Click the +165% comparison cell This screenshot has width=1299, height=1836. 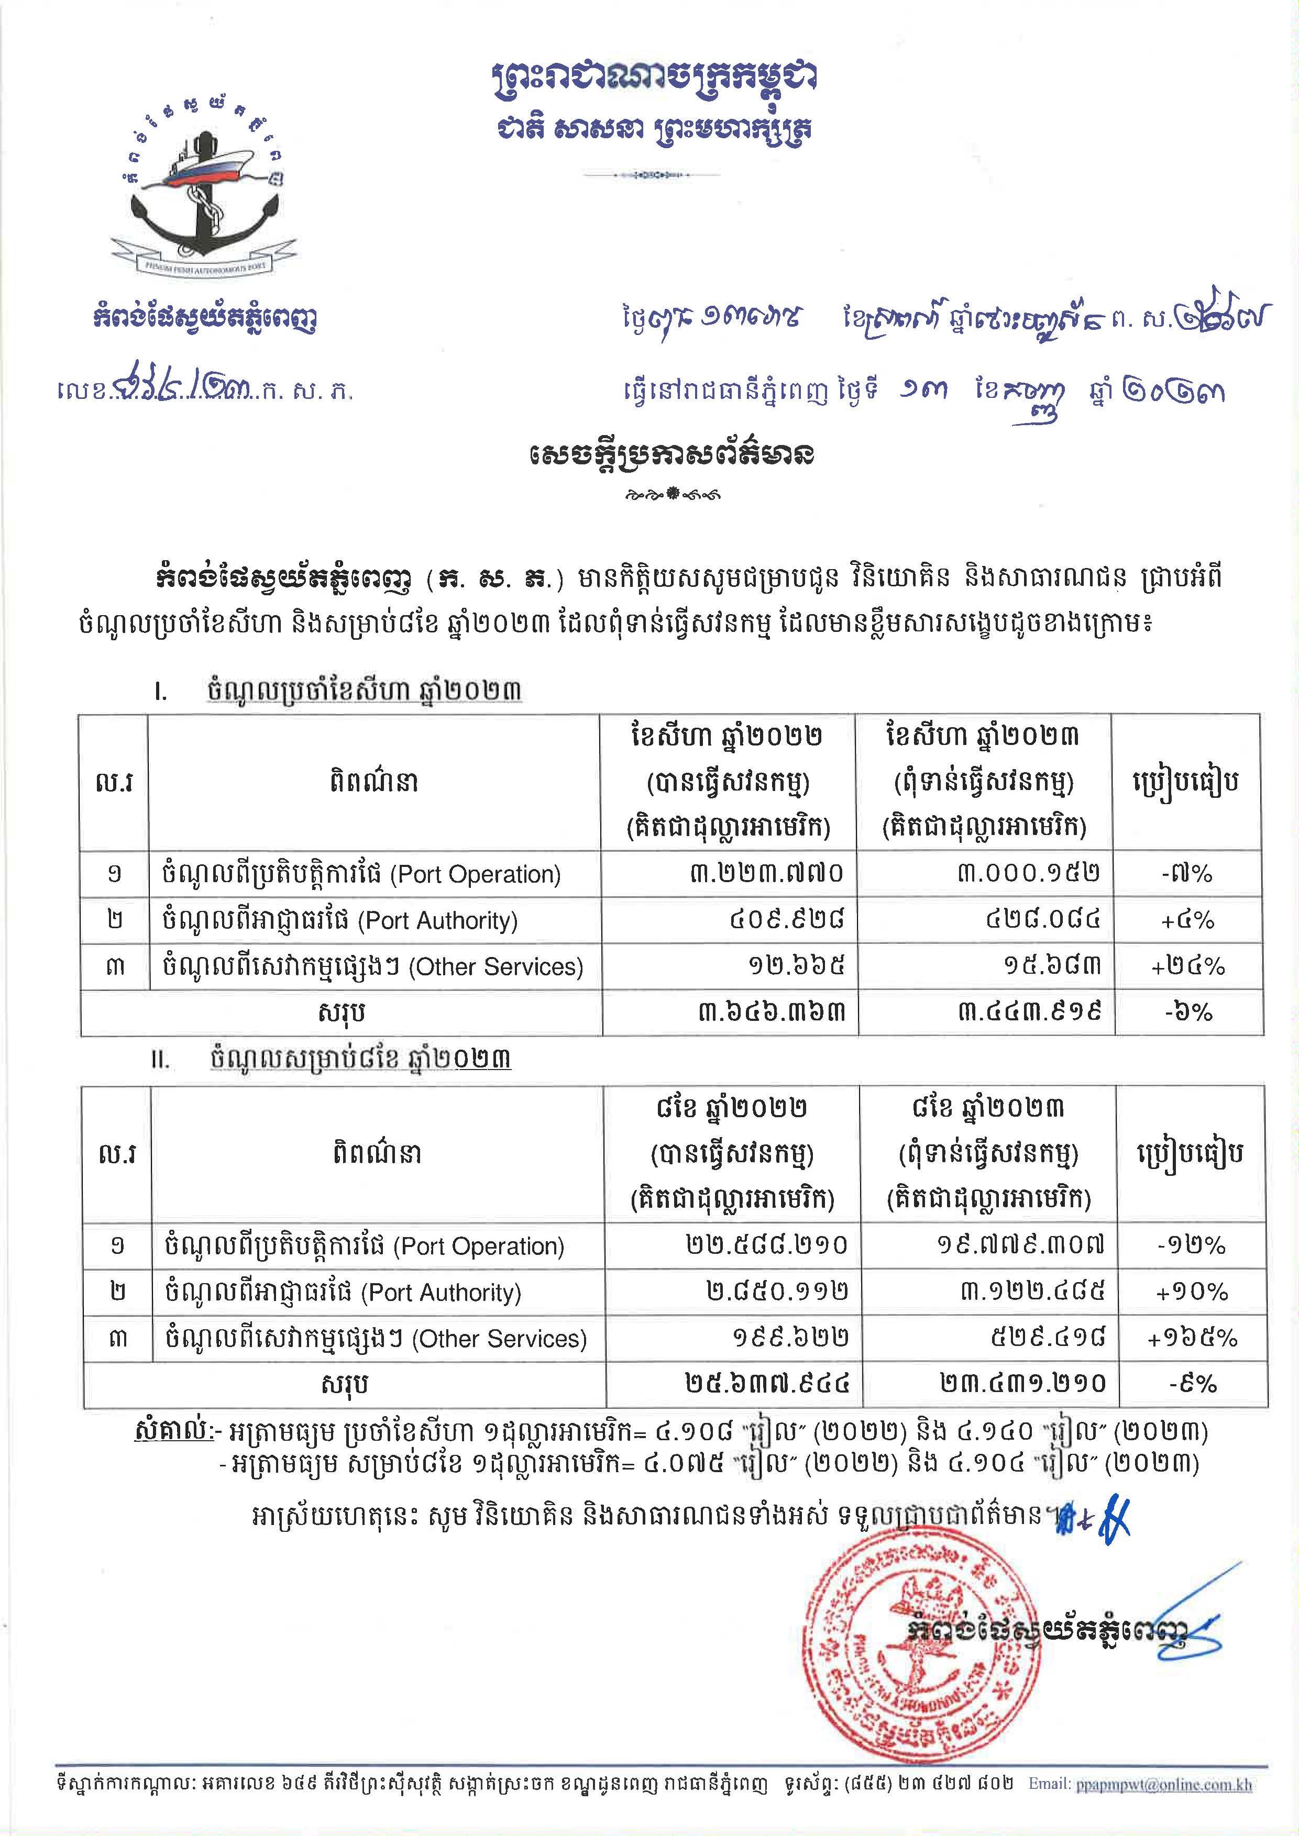(1191, 1339)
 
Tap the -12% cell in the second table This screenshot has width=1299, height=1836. (1191, 1245)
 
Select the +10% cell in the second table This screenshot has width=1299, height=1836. (1191, 1292)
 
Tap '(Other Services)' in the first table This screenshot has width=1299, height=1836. (496, 967)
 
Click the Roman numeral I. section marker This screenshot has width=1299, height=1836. (161, 690)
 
